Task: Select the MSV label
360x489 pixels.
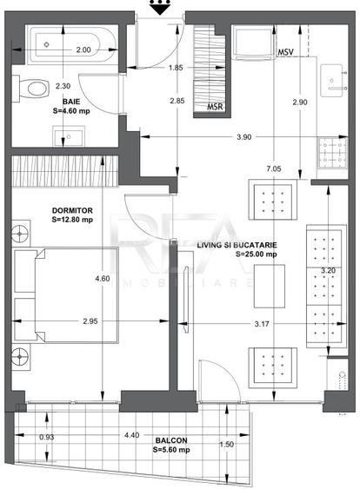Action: [284, 53]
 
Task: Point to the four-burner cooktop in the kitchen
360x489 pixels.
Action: [331, 157]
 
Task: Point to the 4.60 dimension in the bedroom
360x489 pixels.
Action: [102, 278]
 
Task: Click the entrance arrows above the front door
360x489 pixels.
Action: [158, 9]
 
